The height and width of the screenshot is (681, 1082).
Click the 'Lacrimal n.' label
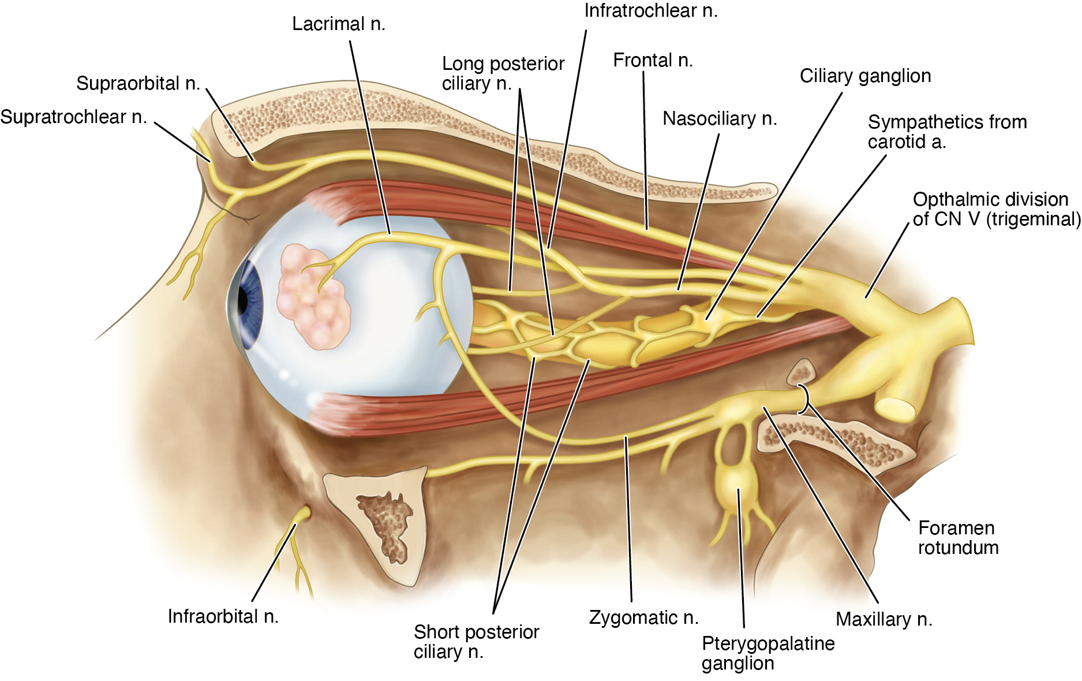click(x=338, y=24)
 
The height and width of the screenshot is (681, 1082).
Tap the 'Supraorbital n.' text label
click(x=138, y=84)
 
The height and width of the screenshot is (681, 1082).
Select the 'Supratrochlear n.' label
click(x=73, y=117)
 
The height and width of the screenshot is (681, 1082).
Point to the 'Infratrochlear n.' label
click(x=651, y=11)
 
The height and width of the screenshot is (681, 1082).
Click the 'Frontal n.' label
click(x=653, y=60)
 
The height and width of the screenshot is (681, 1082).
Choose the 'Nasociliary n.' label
click(x=720, y=118)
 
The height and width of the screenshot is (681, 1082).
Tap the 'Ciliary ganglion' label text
click(x=865, y=76)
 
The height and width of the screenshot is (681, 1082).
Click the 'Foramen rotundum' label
click(x=958, y=537)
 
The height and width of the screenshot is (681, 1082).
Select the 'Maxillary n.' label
click(x=883, y=619)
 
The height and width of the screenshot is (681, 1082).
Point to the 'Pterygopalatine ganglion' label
click(x=767, y=653)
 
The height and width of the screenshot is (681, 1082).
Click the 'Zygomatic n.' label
click(x=643, y=617)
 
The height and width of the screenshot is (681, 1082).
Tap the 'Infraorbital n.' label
click(x=223, y=616)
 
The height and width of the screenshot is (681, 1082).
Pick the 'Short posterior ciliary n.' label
click(x=476, y=641)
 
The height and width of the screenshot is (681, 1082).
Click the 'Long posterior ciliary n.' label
click(x=503, y=73)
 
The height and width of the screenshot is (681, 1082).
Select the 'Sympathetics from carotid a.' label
click(x=947, y=132)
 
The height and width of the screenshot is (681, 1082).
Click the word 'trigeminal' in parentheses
click(x=1032, y=219)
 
